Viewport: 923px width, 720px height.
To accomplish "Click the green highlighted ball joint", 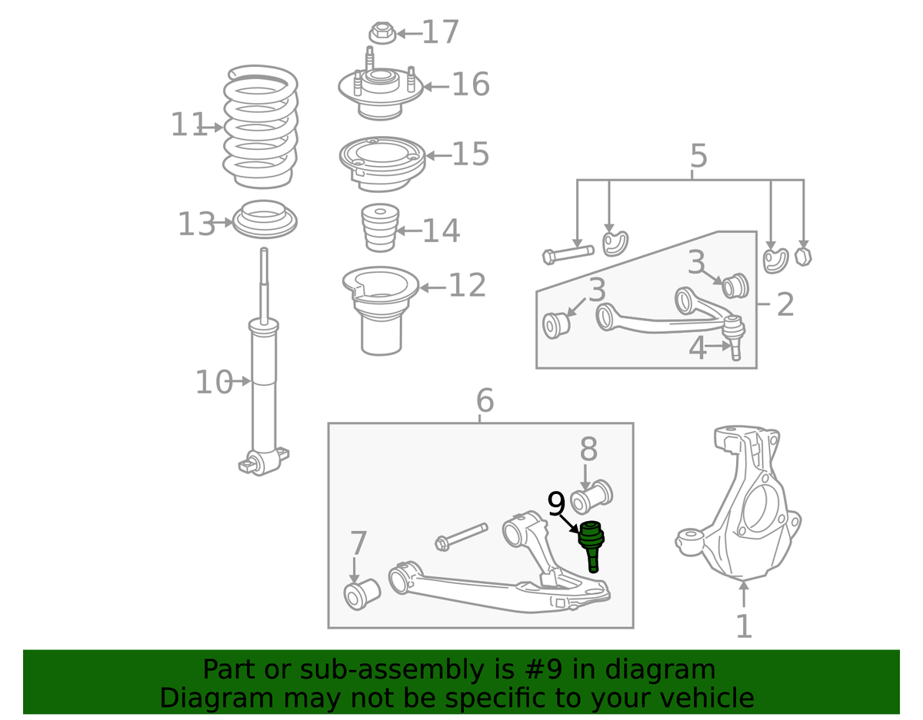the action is point(591,546).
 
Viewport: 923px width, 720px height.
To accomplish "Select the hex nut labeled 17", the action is point(382,33).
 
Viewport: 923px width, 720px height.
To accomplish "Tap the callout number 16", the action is point(471,85).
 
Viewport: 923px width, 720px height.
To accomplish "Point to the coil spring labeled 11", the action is point(261,127).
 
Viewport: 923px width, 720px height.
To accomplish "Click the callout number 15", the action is point(471,154).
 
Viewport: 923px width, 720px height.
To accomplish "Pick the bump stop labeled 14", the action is point(380,228).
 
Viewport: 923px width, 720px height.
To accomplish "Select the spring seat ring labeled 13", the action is point(265,219).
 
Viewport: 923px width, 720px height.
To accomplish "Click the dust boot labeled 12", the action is point(381,311).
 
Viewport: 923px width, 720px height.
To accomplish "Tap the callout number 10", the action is point(214,382).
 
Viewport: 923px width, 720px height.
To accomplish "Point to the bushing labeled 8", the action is point(591,497).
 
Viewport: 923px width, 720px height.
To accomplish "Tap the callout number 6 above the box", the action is point(485,400).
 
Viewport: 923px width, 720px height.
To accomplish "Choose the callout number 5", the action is point(699,156).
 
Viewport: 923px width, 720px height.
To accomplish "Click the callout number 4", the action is point(698,348).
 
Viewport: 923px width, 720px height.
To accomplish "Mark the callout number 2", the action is point(785,304).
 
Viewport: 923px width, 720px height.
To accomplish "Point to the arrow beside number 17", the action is point(409,34).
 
